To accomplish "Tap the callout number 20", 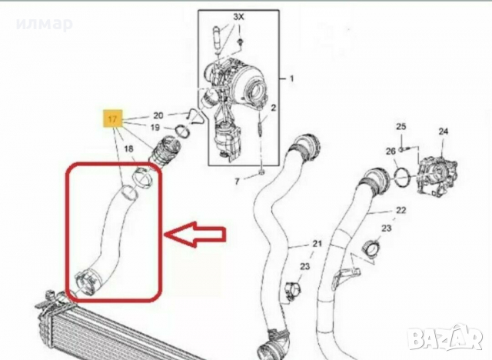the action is [x=158, y=115].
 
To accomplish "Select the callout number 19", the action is [x=155, y=128].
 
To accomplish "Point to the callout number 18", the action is [x=128, y=148].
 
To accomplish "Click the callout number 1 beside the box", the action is [x=291, y=78].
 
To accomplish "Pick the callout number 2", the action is [x=274, y=108].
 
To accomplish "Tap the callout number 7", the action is [x=237, y=181].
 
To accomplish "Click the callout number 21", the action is [x=317, y=243].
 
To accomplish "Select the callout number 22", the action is [x=401, y=210].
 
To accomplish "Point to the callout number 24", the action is [x=443, y=132].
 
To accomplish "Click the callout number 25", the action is [x=401, y=126].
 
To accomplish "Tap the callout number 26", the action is [x=391, y=152].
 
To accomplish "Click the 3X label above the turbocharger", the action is [x=238, y=17].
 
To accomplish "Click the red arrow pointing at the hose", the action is [x=196, y=235].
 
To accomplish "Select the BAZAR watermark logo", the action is [x=447, y=338].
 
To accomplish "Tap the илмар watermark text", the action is [x=45, y=24].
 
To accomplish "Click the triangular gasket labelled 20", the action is [x=195, y=116].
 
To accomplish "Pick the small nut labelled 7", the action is [x=262, y=172].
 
